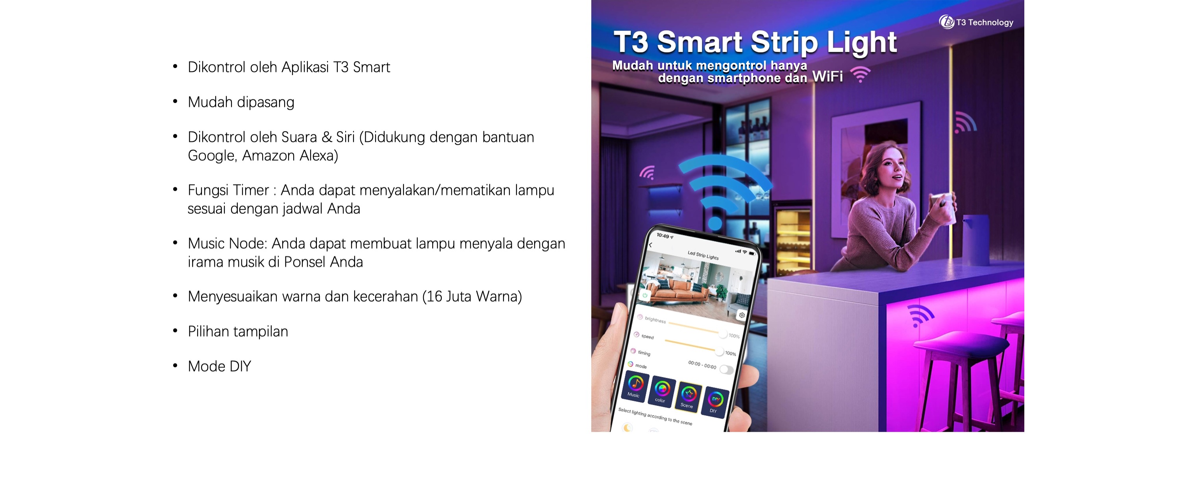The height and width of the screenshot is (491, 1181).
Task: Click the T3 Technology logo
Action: pos(976,22)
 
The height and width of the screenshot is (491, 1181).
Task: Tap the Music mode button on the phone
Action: pos(635,386)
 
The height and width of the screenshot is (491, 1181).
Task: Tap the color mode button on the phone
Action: pos(662,391)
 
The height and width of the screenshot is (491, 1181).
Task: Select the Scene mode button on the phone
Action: pos(688,397)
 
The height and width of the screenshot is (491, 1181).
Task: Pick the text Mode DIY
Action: pos(219,366)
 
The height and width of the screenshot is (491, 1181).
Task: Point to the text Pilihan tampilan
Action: pos(238,331)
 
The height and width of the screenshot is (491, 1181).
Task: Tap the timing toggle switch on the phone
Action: pos(726,369)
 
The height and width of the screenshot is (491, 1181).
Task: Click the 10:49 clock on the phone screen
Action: pos(663,235)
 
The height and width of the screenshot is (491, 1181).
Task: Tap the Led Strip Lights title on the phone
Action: pos(703,255)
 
